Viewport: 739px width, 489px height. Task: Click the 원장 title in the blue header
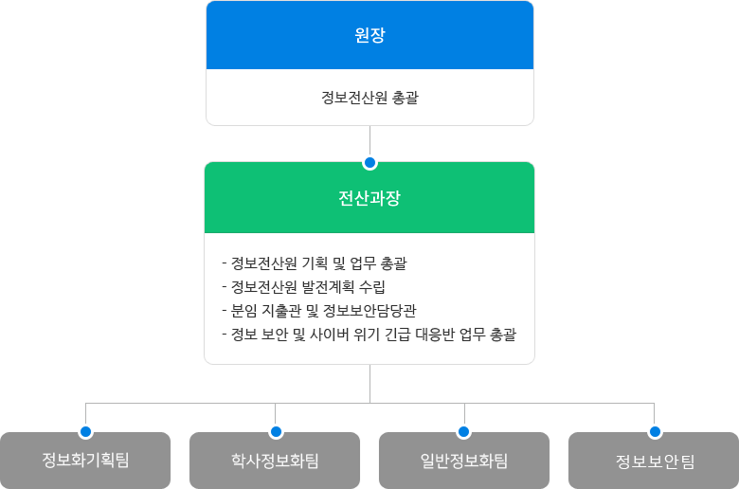(369, 35)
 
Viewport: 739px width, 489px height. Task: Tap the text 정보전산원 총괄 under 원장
(369, 98)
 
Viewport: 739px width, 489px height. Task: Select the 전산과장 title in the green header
(369, 197)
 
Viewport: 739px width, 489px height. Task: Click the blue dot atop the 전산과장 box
(369, 163)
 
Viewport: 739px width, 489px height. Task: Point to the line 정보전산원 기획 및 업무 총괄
(315, 263)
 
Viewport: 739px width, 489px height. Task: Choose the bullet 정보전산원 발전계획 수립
(303, 287)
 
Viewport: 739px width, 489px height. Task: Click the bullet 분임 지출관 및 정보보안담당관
(319, 310)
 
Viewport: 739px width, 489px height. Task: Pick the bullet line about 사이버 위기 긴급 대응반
(369, 335)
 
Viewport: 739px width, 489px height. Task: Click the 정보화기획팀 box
(85, 461)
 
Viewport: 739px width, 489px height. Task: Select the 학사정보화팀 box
(275, 461)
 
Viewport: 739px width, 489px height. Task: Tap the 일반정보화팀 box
(464, 461)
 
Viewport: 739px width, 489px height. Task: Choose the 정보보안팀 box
(654, 461)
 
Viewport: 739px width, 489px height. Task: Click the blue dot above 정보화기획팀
(86, 431)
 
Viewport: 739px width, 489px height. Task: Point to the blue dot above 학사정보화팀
(276, 431)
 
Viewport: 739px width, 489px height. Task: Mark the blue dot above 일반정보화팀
(463, 431)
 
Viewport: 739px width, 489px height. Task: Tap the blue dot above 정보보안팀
(655, 431)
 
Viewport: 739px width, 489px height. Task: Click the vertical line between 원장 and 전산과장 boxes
(369, 141)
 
